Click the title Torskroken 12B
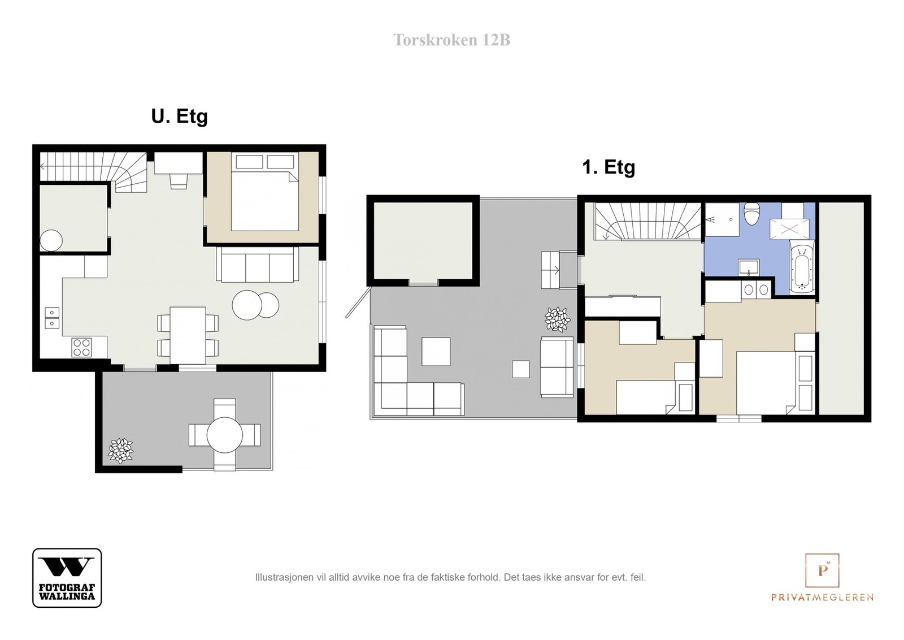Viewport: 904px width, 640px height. point(451,40)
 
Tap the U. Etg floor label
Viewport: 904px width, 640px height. point(179,116)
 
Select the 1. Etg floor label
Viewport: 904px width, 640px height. point(609,167)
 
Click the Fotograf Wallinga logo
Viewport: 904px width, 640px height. point(67,577)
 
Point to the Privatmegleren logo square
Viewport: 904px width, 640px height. point(822,570)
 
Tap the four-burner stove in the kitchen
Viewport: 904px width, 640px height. point(81,348)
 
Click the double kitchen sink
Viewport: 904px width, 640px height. point(52,318)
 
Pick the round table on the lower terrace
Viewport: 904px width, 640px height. point(225,435)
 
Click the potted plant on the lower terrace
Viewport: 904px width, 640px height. point(120,451)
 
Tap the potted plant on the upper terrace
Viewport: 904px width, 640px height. point(557,319)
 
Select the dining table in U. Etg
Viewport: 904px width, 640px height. point(188,335)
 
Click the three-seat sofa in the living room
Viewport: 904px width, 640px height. point(258,264)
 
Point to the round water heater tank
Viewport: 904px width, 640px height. point(51,241)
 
